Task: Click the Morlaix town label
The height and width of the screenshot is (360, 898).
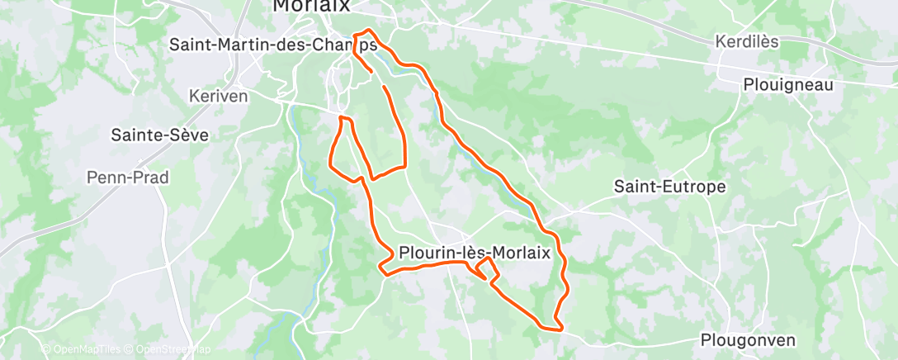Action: point(311,6)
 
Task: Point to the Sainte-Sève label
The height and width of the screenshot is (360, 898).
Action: point(160,135)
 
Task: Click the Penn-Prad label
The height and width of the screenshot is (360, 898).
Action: point(128,177)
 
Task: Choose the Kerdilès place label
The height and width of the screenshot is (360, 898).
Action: point(747,41)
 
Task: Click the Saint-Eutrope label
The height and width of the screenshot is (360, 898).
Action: point(670,187)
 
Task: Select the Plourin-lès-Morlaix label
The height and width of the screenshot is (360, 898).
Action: point(475,253)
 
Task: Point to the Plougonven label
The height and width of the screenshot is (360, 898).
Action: point(748,339)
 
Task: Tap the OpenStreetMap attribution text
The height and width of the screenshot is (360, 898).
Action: point(170,349)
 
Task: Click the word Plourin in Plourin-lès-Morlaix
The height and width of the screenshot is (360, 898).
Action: point(425,253)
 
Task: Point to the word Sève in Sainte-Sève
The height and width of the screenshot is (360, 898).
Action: point(189,135)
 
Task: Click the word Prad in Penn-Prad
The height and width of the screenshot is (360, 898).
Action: point(151,177)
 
